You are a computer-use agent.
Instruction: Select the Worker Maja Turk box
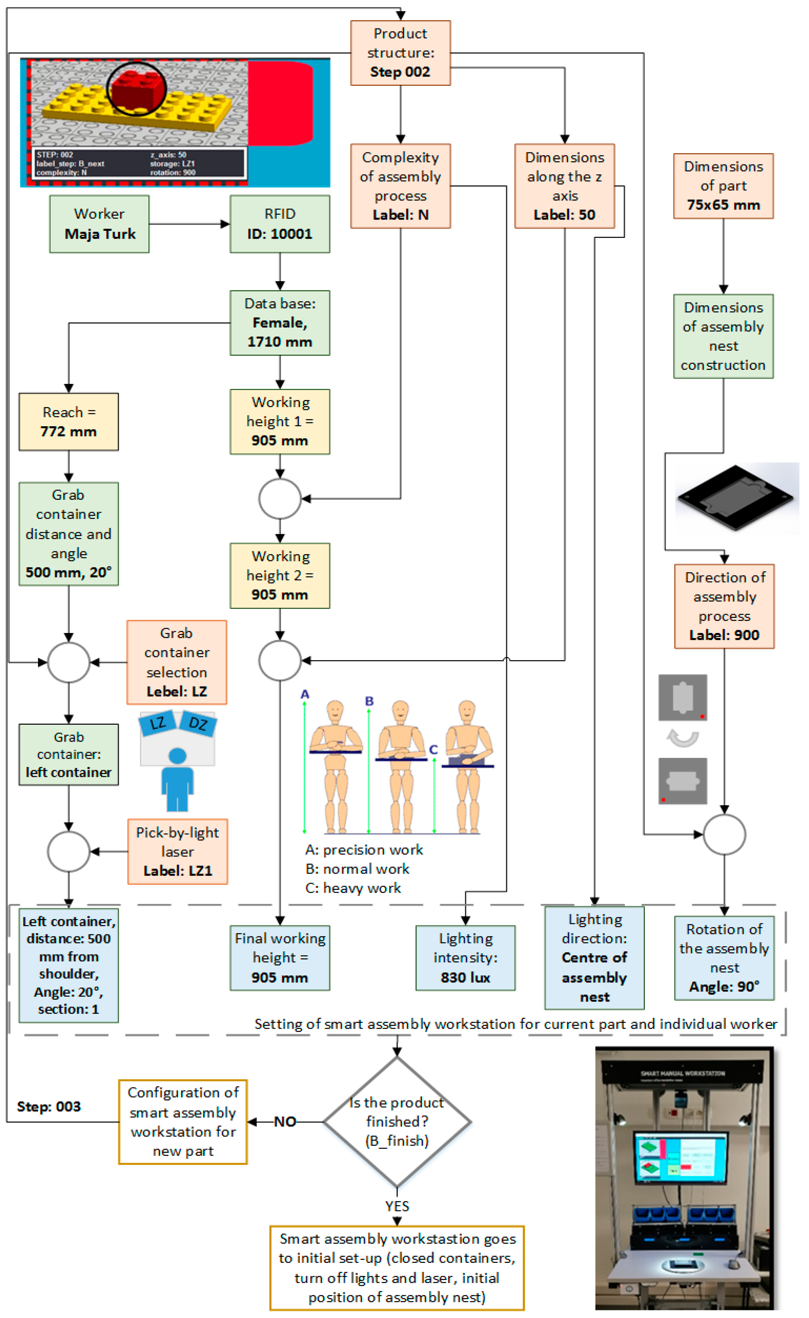point(99,223)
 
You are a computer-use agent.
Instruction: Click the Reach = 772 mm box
point(68,422)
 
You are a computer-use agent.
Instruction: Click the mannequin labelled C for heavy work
point(467,765)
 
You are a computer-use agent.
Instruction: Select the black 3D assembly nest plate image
point(736,498)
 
